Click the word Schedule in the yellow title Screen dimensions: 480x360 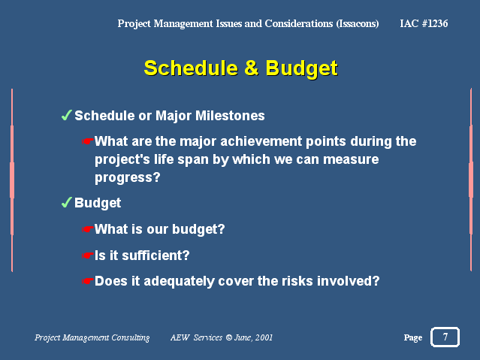point(191,68)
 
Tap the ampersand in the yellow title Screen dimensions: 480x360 point(252,68)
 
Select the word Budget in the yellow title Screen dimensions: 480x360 point(301,68)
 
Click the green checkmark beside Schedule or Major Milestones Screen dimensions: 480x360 point(66,115)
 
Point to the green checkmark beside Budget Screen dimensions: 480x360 point(66,202)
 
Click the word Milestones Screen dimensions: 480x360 point(230,116)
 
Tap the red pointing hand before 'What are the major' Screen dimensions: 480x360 point(88,141)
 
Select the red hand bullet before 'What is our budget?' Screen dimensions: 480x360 point(88,229)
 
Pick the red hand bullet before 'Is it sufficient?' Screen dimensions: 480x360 point(88,256)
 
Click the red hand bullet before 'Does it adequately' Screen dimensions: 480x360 point(88,281)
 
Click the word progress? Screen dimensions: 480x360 point(128,177)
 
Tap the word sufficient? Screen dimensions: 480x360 point(155,256)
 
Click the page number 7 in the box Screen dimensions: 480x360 point(445,337)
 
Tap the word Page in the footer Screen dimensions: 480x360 point(413,337)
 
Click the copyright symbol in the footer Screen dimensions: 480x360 point(229,337)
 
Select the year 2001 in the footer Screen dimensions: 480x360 point(264,337)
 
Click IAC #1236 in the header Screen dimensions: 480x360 point(424,23)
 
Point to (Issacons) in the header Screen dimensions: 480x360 point(358,23)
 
